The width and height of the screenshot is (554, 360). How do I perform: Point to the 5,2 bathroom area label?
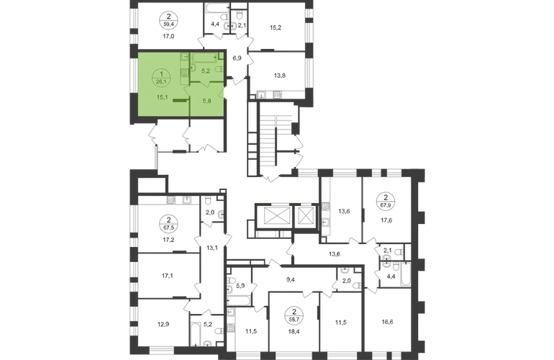(205, 71)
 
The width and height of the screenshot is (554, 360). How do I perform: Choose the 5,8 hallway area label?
(206, 100)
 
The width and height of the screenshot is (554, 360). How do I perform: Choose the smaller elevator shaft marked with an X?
(305, 214)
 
